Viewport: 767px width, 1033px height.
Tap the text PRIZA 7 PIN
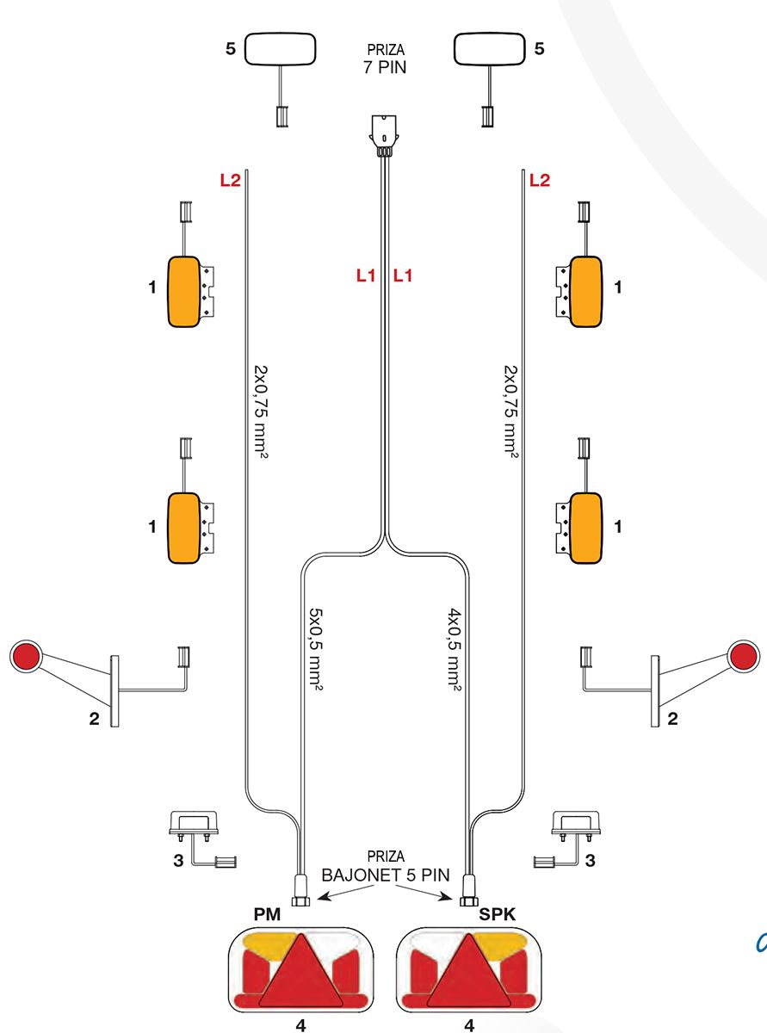point(385,59)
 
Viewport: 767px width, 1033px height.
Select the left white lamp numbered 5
point(281,49)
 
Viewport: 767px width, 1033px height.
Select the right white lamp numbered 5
point(488,49)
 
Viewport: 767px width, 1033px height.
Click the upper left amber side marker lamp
point(184,292)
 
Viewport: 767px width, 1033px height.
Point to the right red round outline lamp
point(743,656)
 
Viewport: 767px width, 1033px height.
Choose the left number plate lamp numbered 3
point(194,824)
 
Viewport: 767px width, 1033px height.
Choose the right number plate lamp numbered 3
point(576,824)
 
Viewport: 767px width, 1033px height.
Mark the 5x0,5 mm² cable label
point(315,650)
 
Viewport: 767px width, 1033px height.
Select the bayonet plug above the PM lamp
point(301,888)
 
